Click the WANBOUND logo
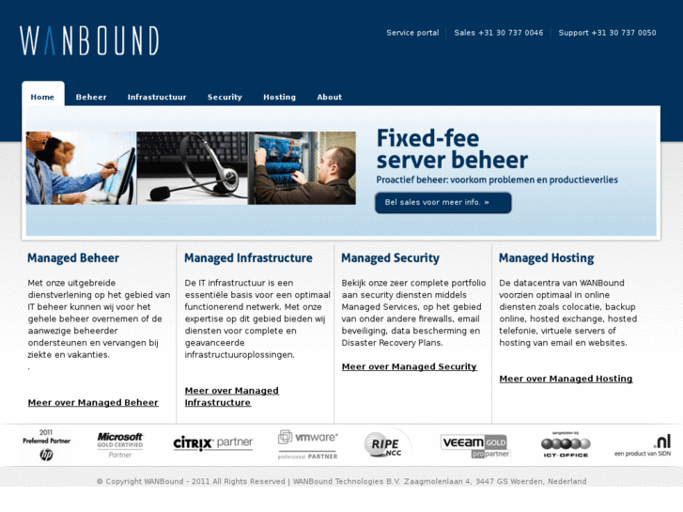pos(89,40)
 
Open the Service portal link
pos(412,33)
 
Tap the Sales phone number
pos(498,33)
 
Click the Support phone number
pos(607,33)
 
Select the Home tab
pos(42,97)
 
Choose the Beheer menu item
pos(91,97)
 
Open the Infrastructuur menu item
pos(157,97)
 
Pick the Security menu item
pos(225,97)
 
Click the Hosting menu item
pos(279,97)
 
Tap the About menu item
pos(329,97)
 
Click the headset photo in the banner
pos(192,168)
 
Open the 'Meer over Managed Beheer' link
pos(93,403)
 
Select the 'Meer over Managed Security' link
pos(409,367)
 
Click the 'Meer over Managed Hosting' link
pos(566,379)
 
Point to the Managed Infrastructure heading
pos(248,258)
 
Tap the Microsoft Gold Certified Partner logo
pos(120,444)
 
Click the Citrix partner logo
pos(212,442)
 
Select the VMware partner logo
pos(307,444)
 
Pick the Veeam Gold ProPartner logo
pos(475,445)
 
